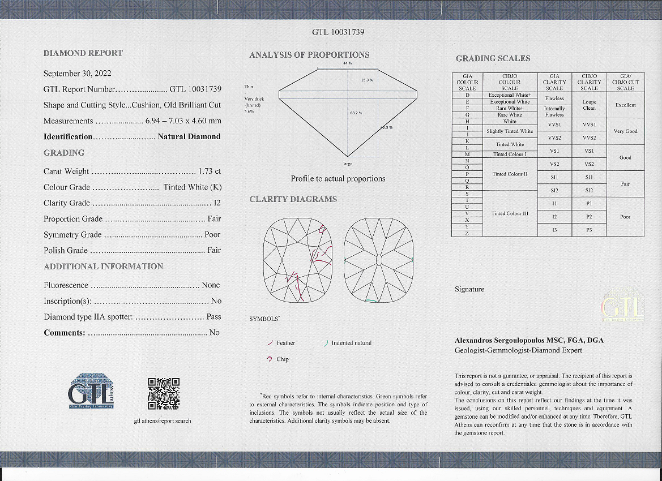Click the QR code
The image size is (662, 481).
pyautogui.click(x=163, y=393)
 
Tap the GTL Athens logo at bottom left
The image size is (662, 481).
pyautogui.click(x=91, y=390)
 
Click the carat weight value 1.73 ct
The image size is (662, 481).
pyautogui.click(x=210, y=171)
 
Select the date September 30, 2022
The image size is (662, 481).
pyautogui.click(x=78, y=74)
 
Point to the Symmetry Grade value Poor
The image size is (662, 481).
pyautogui.click(x=212, y=235)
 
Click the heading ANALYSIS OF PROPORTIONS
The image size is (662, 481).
pyautogui.click(x=309, y=55)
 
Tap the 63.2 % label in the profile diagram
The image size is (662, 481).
pyautogui.click(x=356, y=113)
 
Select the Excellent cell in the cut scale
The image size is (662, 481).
pyautogui.click(x=625, y=105)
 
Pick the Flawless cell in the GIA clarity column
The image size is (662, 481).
pyautogui.click(x=554, y=98)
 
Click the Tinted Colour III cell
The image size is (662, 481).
pyautogui.click(x=510, y=213)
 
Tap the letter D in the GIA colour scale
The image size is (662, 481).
pyautogui.click(x=467, y=95)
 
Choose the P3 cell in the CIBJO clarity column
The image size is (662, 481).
pyautogui.click(x=589, y=230)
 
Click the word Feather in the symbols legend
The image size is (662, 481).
pyautogui.click(x=285, y=343)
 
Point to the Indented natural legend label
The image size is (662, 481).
pyautogui.click(x=351, y=343)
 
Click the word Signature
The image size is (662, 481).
pyautogui.click(x=469, y=289)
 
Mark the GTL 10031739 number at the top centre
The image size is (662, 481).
pyautogui.click(x=338, y=32)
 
